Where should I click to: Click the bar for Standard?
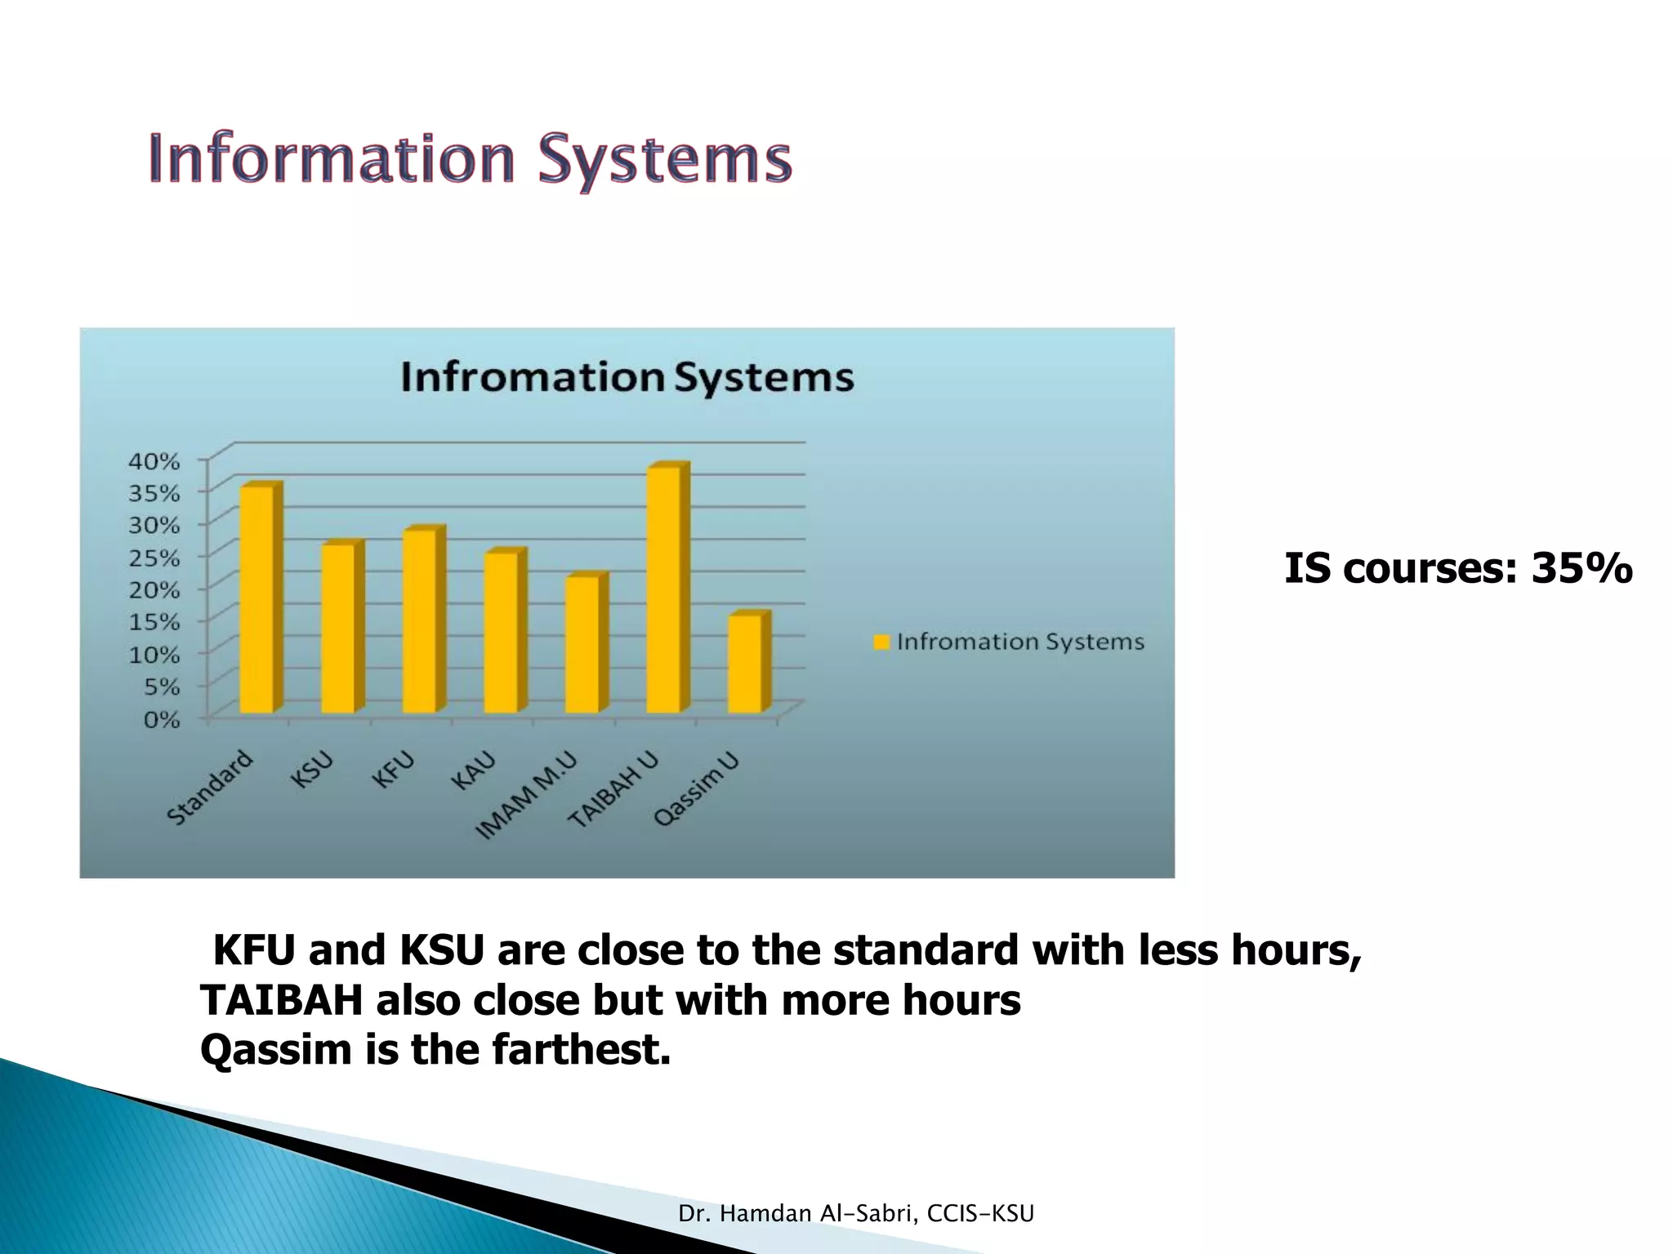(x=257, y=599)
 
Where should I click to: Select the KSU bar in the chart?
(x=337, y=629)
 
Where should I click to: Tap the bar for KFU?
(x=419, y=621)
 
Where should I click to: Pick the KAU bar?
(x=500, y=633)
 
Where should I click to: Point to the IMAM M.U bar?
(x=582, y=645)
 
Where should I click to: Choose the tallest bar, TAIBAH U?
(x=663, y=589)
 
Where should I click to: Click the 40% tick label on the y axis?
(x=154, y=461)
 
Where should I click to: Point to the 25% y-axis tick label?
(x=154, y=558)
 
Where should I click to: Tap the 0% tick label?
(x=161, y=720)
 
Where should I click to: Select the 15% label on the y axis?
(x=154, y=623)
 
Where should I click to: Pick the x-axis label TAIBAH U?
(x=613, y=790)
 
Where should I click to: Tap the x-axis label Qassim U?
(x=698, y=789)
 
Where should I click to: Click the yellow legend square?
(x=881, y=643)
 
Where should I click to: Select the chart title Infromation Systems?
(x=627, y=378)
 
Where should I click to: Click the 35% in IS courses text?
(x=1582, y=568)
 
